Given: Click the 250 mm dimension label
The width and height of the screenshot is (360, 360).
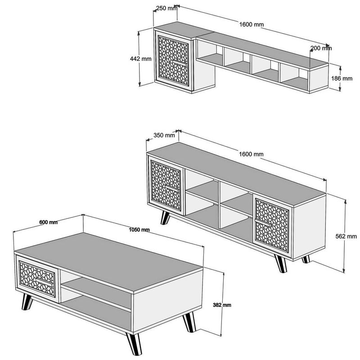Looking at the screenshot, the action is pos(166,8).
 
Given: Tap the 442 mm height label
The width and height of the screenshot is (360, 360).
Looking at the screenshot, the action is pos(140,59).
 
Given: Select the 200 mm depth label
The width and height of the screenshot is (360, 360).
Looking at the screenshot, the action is pos(321,48).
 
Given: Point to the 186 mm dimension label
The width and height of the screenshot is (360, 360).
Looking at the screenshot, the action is pos(342,78).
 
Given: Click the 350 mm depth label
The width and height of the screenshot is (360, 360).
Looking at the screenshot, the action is pos(164,135).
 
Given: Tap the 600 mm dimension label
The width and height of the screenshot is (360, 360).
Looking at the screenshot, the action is pos(49,222).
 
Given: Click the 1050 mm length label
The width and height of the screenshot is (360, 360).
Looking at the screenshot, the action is pos(139,229).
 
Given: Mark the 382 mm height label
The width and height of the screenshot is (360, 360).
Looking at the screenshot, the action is pos(222,305).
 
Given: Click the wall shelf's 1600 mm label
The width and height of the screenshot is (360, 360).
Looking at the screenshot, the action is pos(252,24).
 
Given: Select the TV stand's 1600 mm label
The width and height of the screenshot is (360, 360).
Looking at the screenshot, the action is pos(251,154).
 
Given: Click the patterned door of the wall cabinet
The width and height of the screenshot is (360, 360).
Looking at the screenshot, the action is pos(173,61).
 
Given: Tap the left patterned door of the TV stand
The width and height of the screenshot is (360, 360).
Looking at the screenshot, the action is pos(166,186).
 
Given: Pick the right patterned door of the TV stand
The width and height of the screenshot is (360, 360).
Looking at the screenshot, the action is pos(272,226).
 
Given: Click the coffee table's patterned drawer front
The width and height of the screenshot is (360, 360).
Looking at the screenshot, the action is pos(37,279).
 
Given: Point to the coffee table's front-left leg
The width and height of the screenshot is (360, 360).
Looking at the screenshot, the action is pos(27,301).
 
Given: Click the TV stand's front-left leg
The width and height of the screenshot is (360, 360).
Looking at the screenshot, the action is pos(165,218).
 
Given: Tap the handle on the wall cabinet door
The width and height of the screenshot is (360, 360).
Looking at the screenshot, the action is pos(180,63).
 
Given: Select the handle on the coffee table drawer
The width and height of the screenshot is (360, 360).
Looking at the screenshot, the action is pos(44,282).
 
